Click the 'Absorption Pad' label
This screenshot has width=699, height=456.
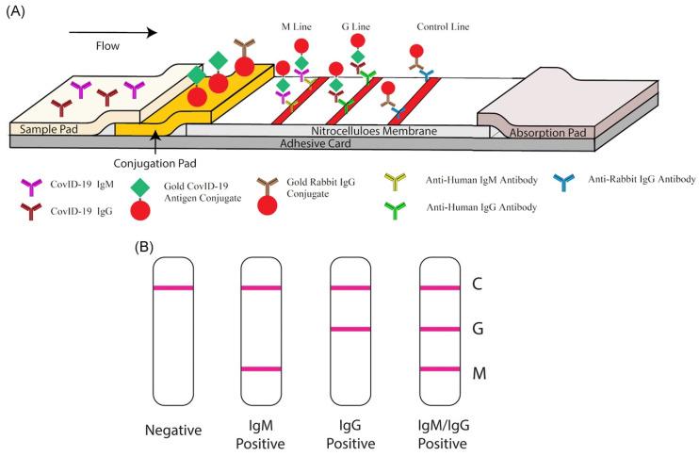coord(542,134)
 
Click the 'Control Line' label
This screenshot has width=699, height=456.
coord(444,28)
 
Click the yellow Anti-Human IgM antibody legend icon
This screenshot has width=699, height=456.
coord(398,179)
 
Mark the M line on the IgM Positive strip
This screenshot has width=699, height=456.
coord(261,369)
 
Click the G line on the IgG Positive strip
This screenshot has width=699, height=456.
coord(351,329)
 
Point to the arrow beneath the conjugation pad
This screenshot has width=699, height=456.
coord(154,141)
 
